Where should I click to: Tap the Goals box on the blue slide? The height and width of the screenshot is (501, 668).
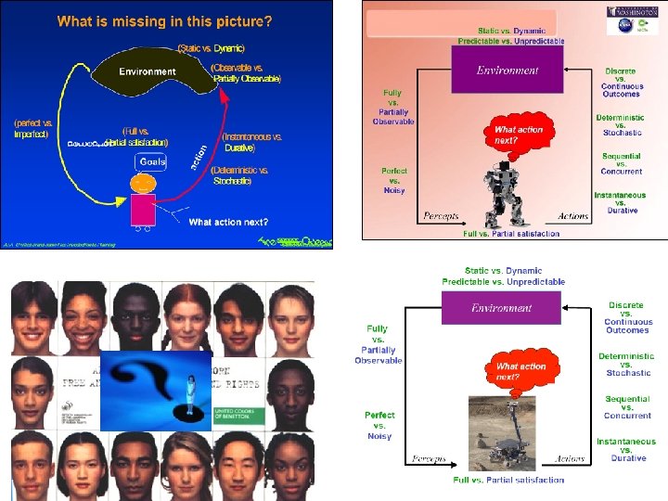pyautogui.click(x=152, y=161)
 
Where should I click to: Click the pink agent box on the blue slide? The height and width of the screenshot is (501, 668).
pyautogui.click(x=144, y=210)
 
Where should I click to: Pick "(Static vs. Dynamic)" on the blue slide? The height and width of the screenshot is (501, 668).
pyautogui.click(x=211, y=48)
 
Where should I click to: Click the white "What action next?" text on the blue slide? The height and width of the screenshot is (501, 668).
pyautogui.click(x=228, y=222)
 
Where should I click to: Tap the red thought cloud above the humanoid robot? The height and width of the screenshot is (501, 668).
pyautogui.click(x=518, y=135)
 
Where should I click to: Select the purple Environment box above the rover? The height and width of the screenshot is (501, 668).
pyautogui.click(x=502, y=308)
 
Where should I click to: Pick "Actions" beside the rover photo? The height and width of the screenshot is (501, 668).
pyautogui.click(x=569, y=458)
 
